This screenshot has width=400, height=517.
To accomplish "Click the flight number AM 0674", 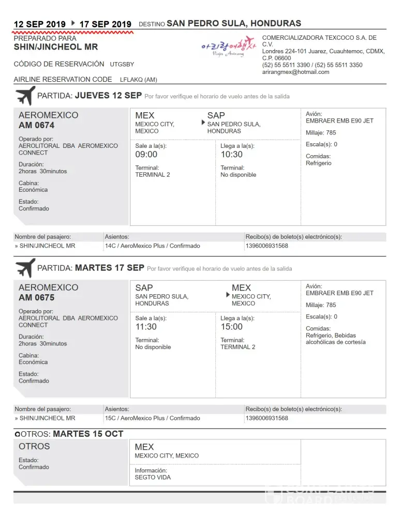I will click(x=36, y=125).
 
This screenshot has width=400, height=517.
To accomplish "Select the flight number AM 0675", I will click(x=36, y=297).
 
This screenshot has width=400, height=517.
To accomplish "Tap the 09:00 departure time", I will click(x=146, y=154).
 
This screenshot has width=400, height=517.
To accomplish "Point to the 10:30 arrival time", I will click(x=231, y=154).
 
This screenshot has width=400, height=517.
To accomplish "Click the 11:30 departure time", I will click(x=146, y=327).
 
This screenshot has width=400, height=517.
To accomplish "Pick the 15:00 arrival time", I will click(x=231, y=327).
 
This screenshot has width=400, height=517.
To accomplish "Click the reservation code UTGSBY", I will click(x=122, y=65).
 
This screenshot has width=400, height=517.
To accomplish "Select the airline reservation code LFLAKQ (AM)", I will click(x=138, y=80).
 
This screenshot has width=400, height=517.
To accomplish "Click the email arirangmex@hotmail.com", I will click(x=295, y=72).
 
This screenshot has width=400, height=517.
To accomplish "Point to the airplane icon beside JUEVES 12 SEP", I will click(x=25, y=96).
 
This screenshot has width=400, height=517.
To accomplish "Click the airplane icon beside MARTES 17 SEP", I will click(x=25, y=268).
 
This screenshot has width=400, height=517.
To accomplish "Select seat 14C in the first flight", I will click(x=110, y=246).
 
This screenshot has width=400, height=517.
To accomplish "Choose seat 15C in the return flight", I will click(x=110, y=418).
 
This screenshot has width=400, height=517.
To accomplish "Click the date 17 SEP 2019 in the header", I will click(x=106, y=24).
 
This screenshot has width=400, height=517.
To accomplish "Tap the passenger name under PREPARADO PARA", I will click(x=55, y=47).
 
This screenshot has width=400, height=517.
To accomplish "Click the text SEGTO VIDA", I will click(x=153, y=477).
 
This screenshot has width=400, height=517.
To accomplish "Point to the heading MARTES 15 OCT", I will click(x=88, y=434).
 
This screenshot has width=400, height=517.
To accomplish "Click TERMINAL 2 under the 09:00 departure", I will click(x=153, y=175).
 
